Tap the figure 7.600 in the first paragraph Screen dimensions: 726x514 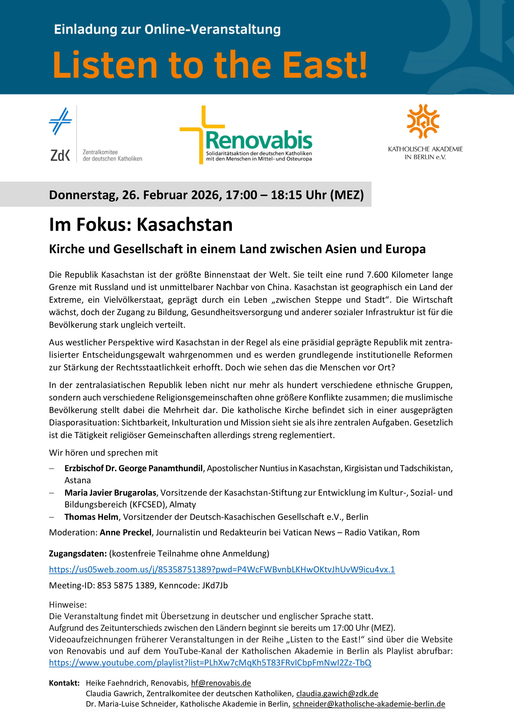point(378,275)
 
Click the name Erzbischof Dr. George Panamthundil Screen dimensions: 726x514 point(133,468)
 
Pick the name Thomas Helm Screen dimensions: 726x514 point(91,517)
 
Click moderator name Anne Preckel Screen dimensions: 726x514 point(125,532)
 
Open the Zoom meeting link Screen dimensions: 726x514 point(222,569)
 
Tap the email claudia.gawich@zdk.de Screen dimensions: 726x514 point(337,694)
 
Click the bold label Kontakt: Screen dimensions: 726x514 point(64,683)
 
